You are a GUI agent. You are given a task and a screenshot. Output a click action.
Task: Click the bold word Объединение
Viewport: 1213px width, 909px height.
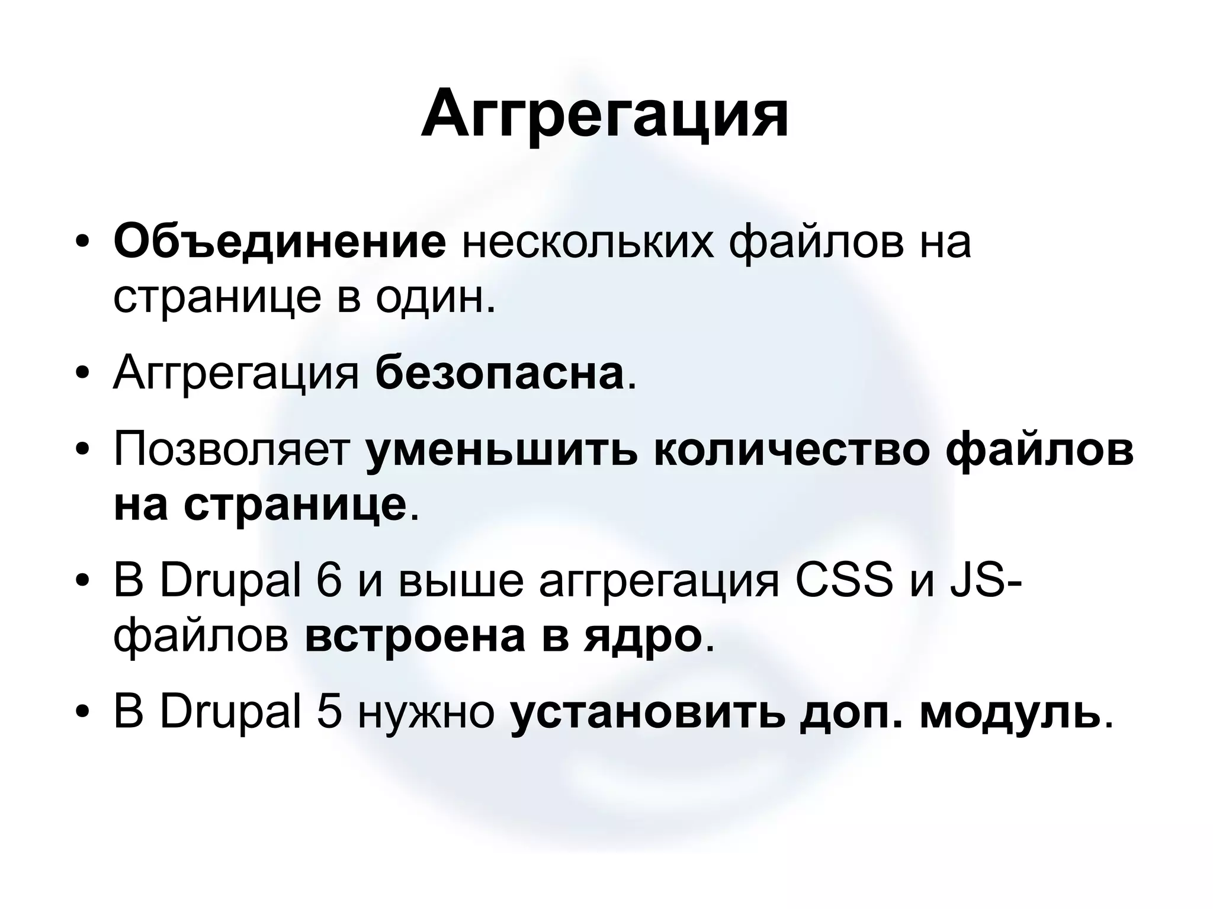click(280, 243)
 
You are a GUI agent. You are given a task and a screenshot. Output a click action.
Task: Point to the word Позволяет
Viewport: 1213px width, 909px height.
click(232, 451)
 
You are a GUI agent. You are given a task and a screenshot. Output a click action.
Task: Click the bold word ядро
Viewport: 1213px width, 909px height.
click(640, 638)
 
